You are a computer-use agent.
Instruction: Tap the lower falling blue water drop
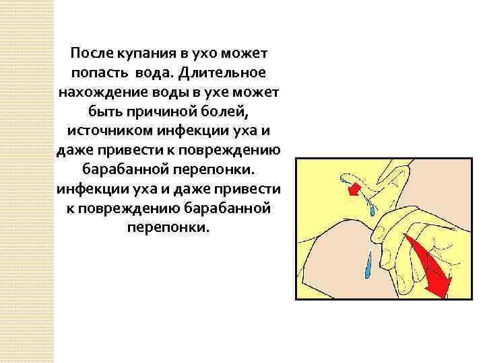tap(367, 268)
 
